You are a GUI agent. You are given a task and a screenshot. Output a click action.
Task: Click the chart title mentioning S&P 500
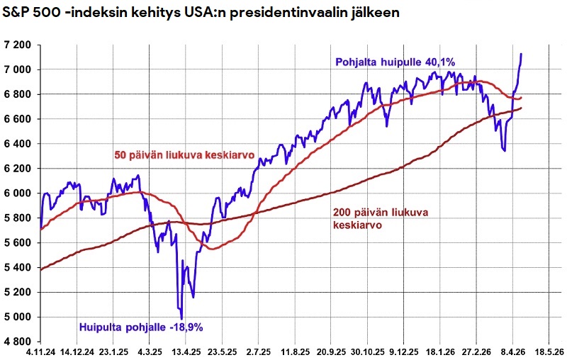coord(202,13)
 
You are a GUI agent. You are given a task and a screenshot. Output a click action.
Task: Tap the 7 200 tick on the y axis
coord(18,45)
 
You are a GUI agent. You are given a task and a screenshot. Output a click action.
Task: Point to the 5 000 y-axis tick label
coord(18,317)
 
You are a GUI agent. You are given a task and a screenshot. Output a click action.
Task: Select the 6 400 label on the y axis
coord(18,144)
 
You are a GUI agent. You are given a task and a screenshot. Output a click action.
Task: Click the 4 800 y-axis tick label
coord(18,342)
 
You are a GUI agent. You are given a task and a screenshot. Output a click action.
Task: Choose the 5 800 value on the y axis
coord(18,218)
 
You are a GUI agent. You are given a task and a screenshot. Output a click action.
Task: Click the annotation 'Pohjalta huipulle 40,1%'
coord(394,62)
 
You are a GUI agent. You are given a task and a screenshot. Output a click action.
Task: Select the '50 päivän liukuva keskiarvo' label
coord(184,154)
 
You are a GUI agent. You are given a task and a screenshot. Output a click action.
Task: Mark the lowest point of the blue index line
coord(182,319)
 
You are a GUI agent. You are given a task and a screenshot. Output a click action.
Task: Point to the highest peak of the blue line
coord(522,54)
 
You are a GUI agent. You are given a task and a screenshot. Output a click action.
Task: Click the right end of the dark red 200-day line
coord(522,108)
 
